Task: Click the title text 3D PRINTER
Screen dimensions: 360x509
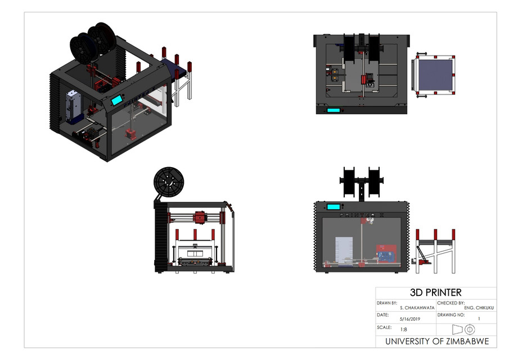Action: pyautogui.click(x=436, y=292)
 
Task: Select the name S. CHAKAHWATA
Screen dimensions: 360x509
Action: pyautogui.click(x=417, y=308)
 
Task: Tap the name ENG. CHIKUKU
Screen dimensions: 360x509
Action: pyautogui.click(x=478, y=308)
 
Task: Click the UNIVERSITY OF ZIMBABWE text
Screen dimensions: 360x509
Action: pyautogui.click(x=436, y=341)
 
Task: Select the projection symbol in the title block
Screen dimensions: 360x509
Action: pyautogui.click(x=465, y=329)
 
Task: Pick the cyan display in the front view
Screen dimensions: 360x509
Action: pyautogui.click(x=335, y=206)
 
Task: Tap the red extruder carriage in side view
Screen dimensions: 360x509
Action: pyautogui.click(x=199, y=218)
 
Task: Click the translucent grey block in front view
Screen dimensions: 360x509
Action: pyautogui.click(x=347, y=251)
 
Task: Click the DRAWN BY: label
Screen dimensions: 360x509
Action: pyautogui.click(x=387, y=303)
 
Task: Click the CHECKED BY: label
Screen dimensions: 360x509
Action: pyautogui.click(x=452, y=303)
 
